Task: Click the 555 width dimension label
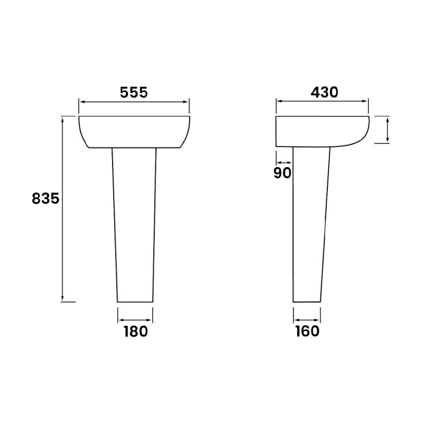tap(133, 92)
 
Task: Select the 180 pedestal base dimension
tap(135, 332)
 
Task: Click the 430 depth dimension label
tap(324, 92)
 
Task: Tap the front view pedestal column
tap(135, 222)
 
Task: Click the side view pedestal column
tap(309, 222)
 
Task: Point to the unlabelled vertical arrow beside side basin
tap(388, 130)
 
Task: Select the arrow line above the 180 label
tap(135, 320)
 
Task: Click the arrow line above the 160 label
tap(307, 320)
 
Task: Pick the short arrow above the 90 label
tap(283, 162)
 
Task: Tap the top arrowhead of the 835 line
tap(63, 119)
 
